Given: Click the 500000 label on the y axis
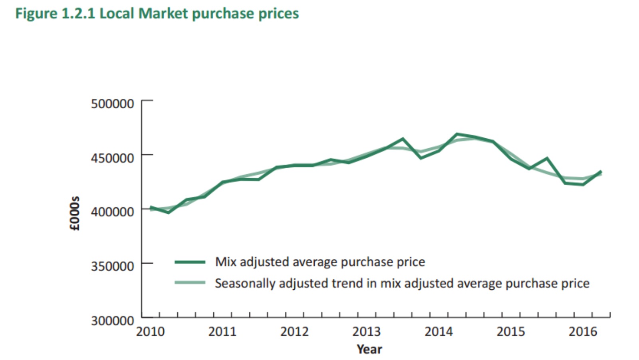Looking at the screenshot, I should coord(112,104).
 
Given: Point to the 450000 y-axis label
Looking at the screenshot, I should coord(112,158).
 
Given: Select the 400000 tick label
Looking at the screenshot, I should coord(112,211).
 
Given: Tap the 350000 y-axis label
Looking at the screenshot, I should coord(112,266).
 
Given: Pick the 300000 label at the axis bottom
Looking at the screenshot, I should coord(112,320).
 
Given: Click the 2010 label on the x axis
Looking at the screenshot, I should coord(150,332).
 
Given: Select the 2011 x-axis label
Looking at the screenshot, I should coord(222,332).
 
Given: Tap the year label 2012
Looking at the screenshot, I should coord(294,332).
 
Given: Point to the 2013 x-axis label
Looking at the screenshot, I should coord(366,332).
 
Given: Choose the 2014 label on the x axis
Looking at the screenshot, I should coord(439,332).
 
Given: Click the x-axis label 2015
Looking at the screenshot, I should coord(510,332).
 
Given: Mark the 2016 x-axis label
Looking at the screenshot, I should coord(583,332).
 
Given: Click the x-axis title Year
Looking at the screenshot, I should coord(369,349).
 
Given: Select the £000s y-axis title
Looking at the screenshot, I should coord(75,213).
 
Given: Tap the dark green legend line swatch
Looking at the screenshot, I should coord(190,262).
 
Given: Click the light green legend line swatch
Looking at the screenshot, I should coord(190,283).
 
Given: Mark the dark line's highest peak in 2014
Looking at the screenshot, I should coord(456,134).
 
